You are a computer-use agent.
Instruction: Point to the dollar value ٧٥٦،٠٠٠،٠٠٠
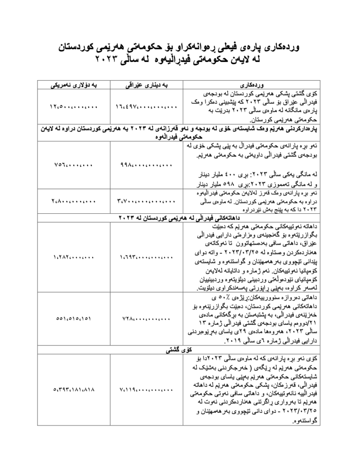point(73,165)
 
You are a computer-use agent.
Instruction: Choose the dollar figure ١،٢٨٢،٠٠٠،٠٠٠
point(73,257)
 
